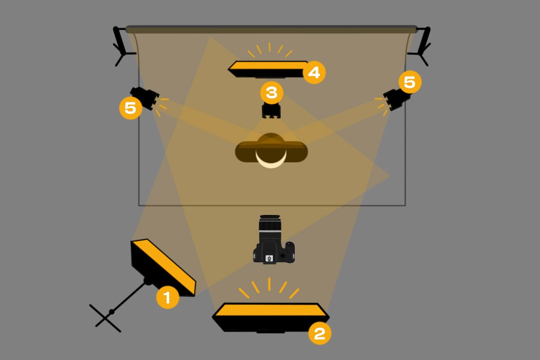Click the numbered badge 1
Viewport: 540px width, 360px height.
[x=168, y=297]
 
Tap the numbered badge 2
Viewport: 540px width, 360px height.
[x=319, y=333]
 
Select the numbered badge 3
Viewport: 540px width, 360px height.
[x=272, y=93]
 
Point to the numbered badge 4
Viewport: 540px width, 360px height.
[x=314, y=73]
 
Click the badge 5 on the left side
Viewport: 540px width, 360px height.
[x=131, y=108]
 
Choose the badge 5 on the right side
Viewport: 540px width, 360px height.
[x=410, y=82]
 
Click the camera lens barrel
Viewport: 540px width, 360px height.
[x=270, y=227]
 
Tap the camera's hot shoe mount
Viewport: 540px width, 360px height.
[x=269, y=258]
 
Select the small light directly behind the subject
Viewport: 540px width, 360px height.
[x=272, y=110]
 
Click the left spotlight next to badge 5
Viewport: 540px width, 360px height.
[x=145, y=98]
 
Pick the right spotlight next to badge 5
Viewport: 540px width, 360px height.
[x=397, y=99]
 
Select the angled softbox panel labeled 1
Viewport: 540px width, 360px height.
[x=163, y=267]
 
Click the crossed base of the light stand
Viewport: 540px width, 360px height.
[x=105, y=318]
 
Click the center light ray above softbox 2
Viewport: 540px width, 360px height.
[x=269, y=284]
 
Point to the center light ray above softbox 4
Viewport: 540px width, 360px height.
[x=269, y=47]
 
